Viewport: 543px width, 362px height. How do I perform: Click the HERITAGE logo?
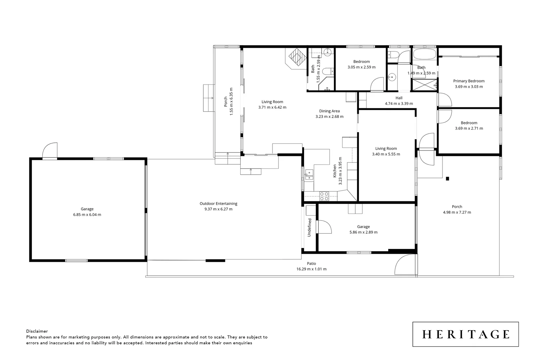pyautogui.click(x=465, y=334)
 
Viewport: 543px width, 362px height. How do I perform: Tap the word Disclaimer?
pyautogui.click(x=37, y=331)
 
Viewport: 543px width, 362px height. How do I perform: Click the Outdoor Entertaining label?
pyautogui.click(x=218, y=203)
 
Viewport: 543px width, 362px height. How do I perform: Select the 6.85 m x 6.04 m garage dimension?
pyautogui.click(x=87, y=215)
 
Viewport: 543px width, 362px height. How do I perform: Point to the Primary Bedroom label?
pyautogui.click(x=469, y=81)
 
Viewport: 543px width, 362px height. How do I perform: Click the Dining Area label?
pyautogui.click(x=329, y=111)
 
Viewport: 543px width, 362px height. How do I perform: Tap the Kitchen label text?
pyautogui.click(x=335, y=171)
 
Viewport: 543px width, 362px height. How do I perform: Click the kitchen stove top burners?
pyautogui.click(x=324, y=196)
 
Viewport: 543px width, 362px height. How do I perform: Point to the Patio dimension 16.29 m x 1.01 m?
pyautogui.click(x=311, y=269)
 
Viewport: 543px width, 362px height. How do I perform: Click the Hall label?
pyautogui.click(x=399, y=98)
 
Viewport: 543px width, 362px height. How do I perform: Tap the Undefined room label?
pyautogui.click(x=309, y=227)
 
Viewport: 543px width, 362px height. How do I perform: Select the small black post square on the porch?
pyautogui.click(x=447, y=179)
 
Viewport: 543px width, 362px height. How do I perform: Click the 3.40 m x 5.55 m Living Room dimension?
pyautogui.click(x=386, y=154)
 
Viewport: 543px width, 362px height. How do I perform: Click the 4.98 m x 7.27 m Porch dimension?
pyautogui.click(x=457, y=212)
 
